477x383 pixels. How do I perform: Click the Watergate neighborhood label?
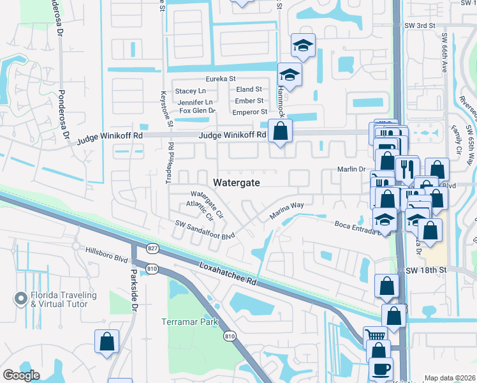237,182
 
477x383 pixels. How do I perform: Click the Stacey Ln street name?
191,91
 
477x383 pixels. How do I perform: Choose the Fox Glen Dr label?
198,110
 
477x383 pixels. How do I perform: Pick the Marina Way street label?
286,210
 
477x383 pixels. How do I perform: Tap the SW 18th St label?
427,270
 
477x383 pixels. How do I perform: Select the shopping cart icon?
374,335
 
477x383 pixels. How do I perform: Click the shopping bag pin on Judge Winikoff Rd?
280,131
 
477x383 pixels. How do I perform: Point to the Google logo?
21,375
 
